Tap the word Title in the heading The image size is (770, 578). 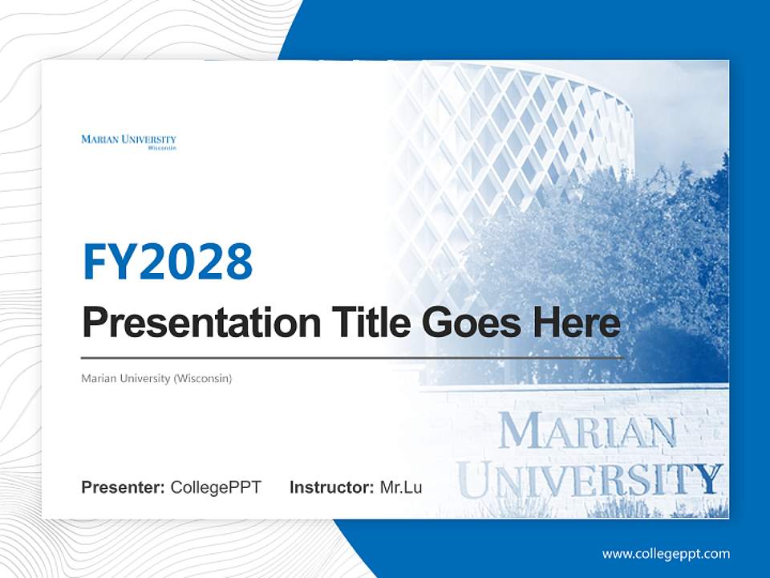pyautogui.click(x=367, y=323)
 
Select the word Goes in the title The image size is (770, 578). pyautogui.click(x=468, y=323)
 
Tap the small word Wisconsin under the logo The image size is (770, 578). pyautogui.click(x=162, y=149)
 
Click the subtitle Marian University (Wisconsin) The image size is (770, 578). pyautogui.click(x=156, y=377)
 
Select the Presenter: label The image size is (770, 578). pyautogui.click(x=124, y=487)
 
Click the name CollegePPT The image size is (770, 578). pyautogui.click(x=216, y=487)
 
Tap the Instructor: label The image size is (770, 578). pyautogui.click(x=331, y=487)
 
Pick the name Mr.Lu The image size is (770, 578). pyautogui.click(x=401, y=487)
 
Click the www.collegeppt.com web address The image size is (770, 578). pyautogui.click(x=666, y=553)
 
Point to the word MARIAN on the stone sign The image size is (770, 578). pyautogui.click(x=587, y=434)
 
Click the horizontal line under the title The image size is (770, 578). pyautogui.click(x=353, y=357)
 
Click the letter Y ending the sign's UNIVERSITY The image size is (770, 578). pyautogui.click(x=708, y=479)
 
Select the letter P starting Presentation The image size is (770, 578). pyautogui.click(x=95, y=323)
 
